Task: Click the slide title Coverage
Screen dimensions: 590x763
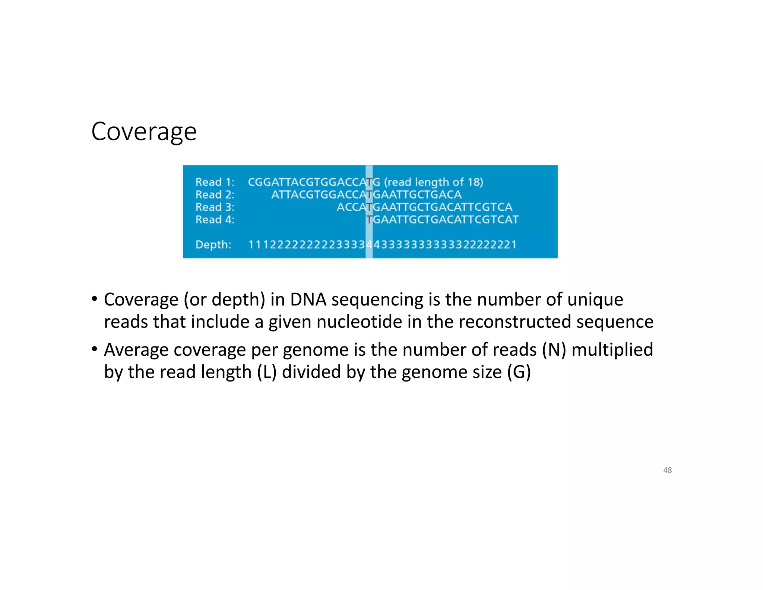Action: coord(144,132)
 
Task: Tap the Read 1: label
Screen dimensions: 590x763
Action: coord(215,182)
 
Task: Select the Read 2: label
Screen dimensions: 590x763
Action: coord(215,195)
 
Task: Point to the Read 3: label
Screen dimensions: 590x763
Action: coord(215,207)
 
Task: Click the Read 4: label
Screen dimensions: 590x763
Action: coord(215,220)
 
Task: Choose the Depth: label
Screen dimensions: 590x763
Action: coord(213,245)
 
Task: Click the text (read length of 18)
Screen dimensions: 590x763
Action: coord(434,182)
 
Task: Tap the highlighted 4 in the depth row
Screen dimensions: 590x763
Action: coord(369,245)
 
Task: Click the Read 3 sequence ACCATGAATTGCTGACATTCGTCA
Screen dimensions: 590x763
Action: coord(424,207)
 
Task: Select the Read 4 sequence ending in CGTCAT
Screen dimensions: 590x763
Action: coord(442,220)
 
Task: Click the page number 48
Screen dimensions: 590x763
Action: coord(667,470)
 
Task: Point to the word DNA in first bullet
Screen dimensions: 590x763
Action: coord(308,299)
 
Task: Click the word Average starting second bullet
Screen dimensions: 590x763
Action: coord(136,350)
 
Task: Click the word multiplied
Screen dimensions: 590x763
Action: coord(612,350)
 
